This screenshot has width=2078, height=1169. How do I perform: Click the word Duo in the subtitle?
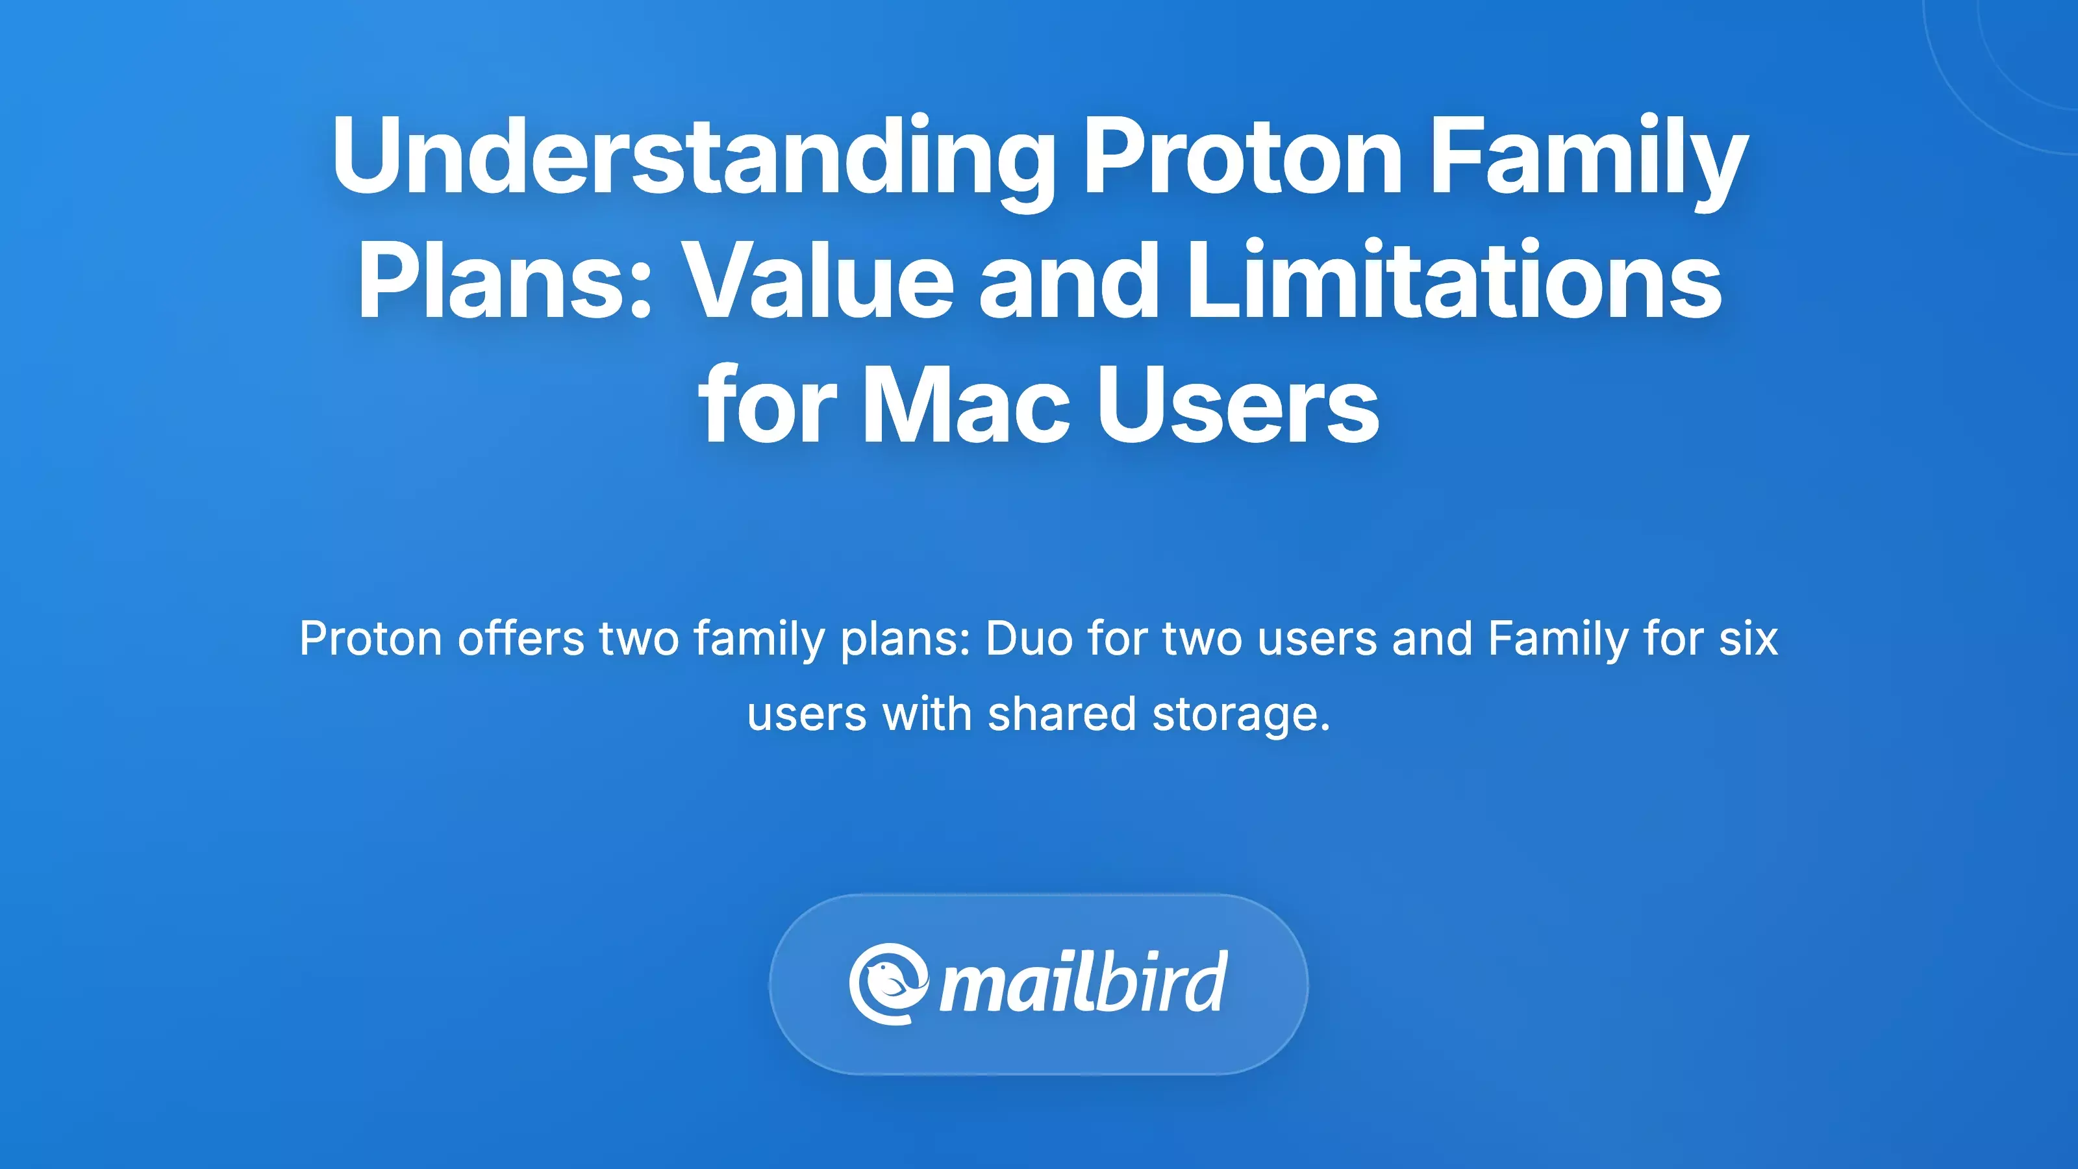tap(1029, 639)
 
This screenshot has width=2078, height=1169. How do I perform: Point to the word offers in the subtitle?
tap(520, 639)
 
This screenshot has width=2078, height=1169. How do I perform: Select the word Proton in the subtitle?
tap(370, 639)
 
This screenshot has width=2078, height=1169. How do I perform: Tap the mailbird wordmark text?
tap(1083, 983)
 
